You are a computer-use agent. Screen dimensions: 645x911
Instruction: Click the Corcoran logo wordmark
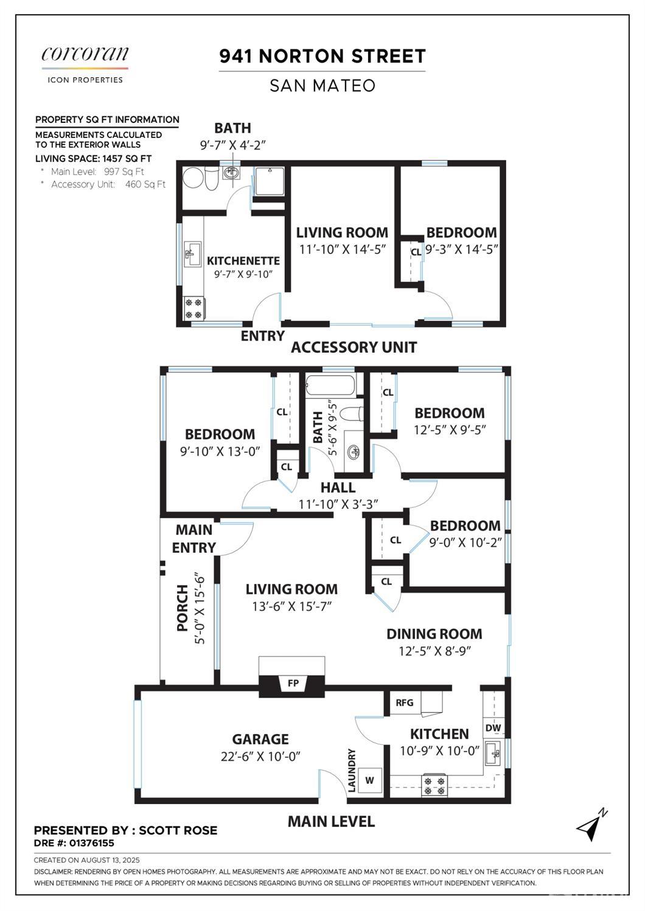[85, 54]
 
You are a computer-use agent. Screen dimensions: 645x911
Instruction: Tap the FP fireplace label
[293, 684]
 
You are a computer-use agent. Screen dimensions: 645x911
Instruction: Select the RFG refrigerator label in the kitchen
[405, 702]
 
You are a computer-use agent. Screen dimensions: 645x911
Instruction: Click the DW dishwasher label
[493, 727]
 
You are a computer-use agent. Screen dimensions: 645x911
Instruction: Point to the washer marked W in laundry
[369, 780]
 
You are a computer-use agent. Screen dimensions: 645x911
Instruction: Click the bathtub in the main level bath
[330, 385]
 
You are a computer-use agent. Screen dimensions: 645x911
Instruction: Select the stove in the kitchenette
[193, 309]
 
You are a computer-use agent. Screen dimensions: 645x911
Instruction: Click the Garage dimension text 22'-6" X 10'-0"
[260, 757]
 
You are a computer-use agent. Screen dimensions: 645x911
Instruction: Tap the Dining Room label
[434, 634]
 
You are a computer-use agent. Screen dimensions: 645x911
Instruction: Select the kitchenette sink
[192, 254]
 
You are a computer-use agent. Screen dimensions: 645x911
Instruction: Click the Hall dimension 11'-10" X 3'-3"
[338, 504]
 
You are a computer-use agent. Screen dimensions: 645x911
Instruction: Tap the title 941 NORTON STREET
[322, 56]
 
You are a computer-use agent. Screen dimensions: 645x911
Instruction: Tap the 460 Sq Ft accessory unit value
[145, 185]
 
